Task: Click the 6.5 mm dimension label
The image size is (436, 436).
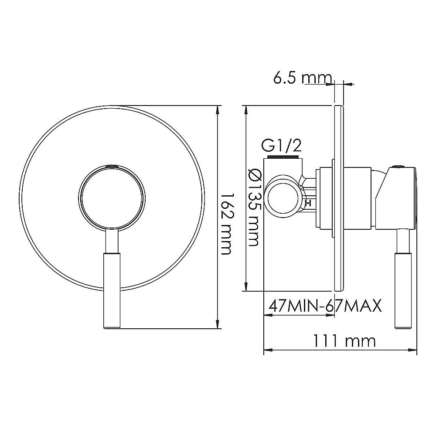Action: (303, 78)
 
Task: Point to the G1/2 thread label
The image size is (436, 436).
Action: (281, 146)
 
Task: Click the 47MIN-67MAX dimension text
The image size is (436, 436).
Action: (325, 306)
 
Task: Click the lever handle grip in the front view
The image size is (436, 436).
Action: (112, 291)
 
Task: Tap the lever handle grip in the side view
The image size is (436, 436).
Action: (403, 291)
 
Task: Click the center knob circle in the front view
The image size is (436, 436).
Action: (112, 198)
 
